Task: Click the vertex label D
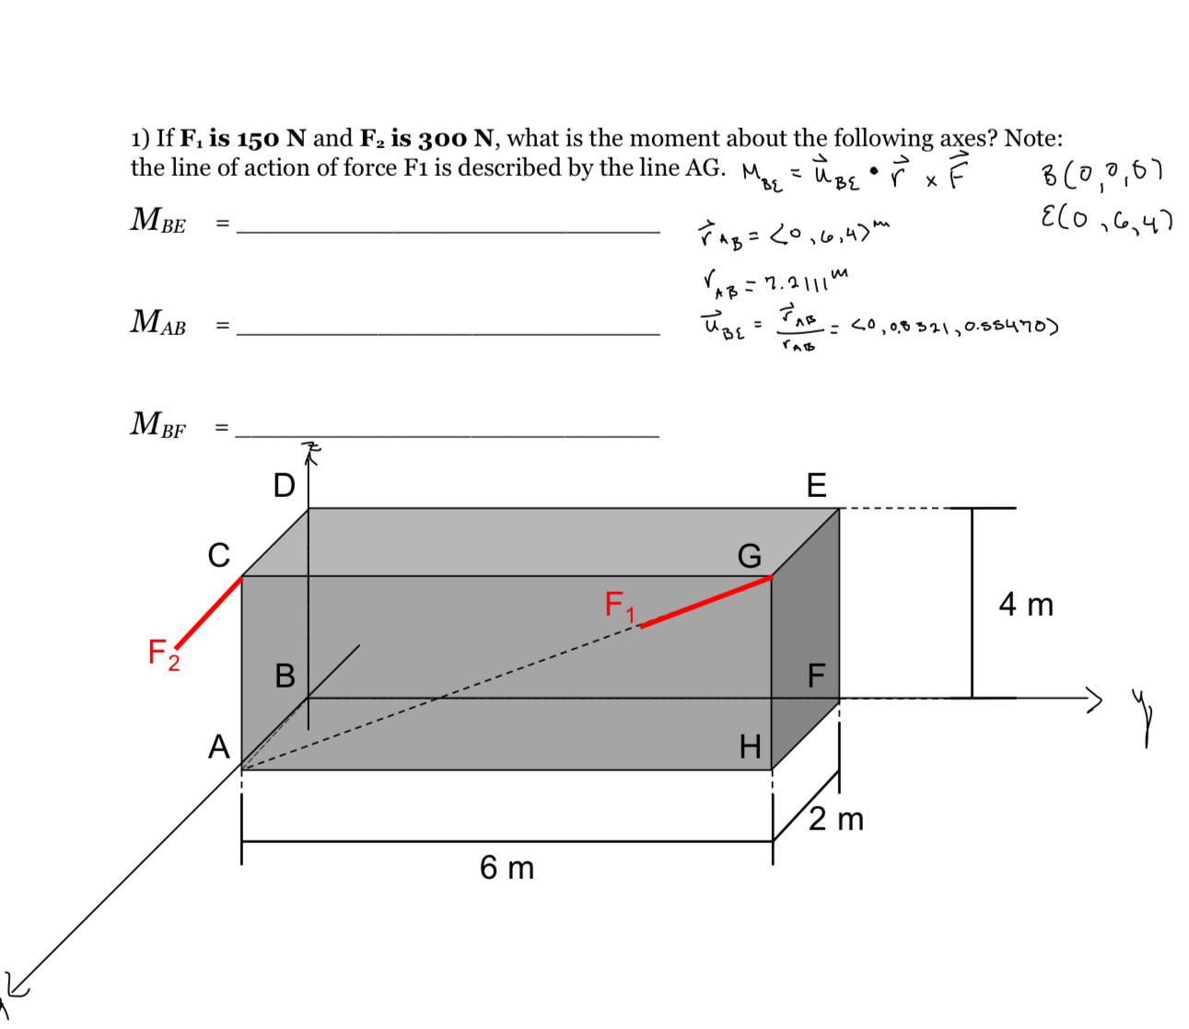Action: pyautogui.click(x=284, y=485)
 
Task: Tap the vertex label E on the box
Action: pyautogui.click(x=816, y=485)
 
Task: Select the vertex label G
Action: pyautogui.click(x=749, y=556)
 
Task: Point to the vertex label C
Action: pyautogui.click(x=218, y=556)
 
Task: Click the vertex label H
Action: pyautogui.click(x=751, y=746)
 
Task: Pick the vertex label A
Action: pyautogui.click(x=218, y=746)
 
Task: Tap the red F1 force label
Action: pyautogui.click(x=619, y=606)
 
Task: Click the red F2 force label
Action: pyautogui.click(x=163, y=654)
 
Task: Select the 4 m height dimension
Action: pyautogui.click(x=1026, y=605)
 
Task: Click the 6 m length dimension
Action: pyautogui.click(x=507, y=867)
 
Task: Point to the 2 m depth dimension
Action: pyautogui.click(x=836, y=818)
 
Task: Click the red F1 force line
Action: pyautogui.click(x=706, y=601)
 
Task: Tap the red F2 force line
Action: pyautogui.click(x=209, y=612)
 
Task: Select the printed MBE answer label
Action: pyautogui.click(x=158, y=221)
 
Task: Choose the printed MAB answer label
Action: pyautogui.click(x=158, y=322)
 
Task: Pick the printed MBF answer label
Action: pyautogui.click(x=158, y=424)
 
